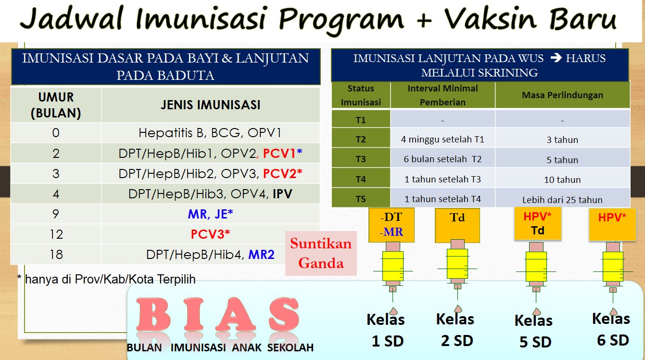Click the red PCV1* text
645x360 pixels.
pyautogui.click(x=282, y=154)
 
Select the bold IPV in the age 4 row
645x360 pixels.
pyautogui.click(x=282, y=194)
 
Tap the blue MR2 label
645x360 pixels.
pyautogui.click(x=261, y=255)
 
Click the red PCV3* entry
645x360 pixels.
pyautogui.click(x=210, y=234)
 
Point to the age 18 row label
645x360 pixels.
pyautogui.click(x=56, y=255)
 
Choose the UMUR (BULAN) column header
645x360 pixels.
pyautogui.click(x=56, y=105)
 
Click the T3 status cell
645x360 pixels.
pyautogui.click(x=361, y=159)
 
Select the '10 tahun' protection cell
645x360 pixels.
pyautogui.click(x=562, y=180)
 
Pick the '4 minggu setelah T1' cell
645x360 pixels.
pyautogui.click(x=443, y=140)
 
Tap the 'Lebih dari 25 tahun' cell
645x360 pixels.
pyautogui.click(x=562, y=200)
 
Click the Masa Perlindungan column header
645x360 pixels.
pyautogui.click(x=562, y=95)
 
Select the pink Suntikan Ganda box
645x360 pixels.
pyautogui.click(x=321, y=253)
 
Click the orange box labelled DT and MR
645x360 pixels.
pyautogui.click(x=392, y=225)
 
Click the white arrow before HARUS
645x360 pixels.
pyautogui.click(x=556, y=58)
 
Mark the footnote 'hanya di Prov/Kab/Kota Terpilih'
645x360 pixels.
pyautogui.click(x=110, y=279)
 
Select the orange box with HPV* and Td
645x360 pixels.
pyautogui.click(x=538, y=224)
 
